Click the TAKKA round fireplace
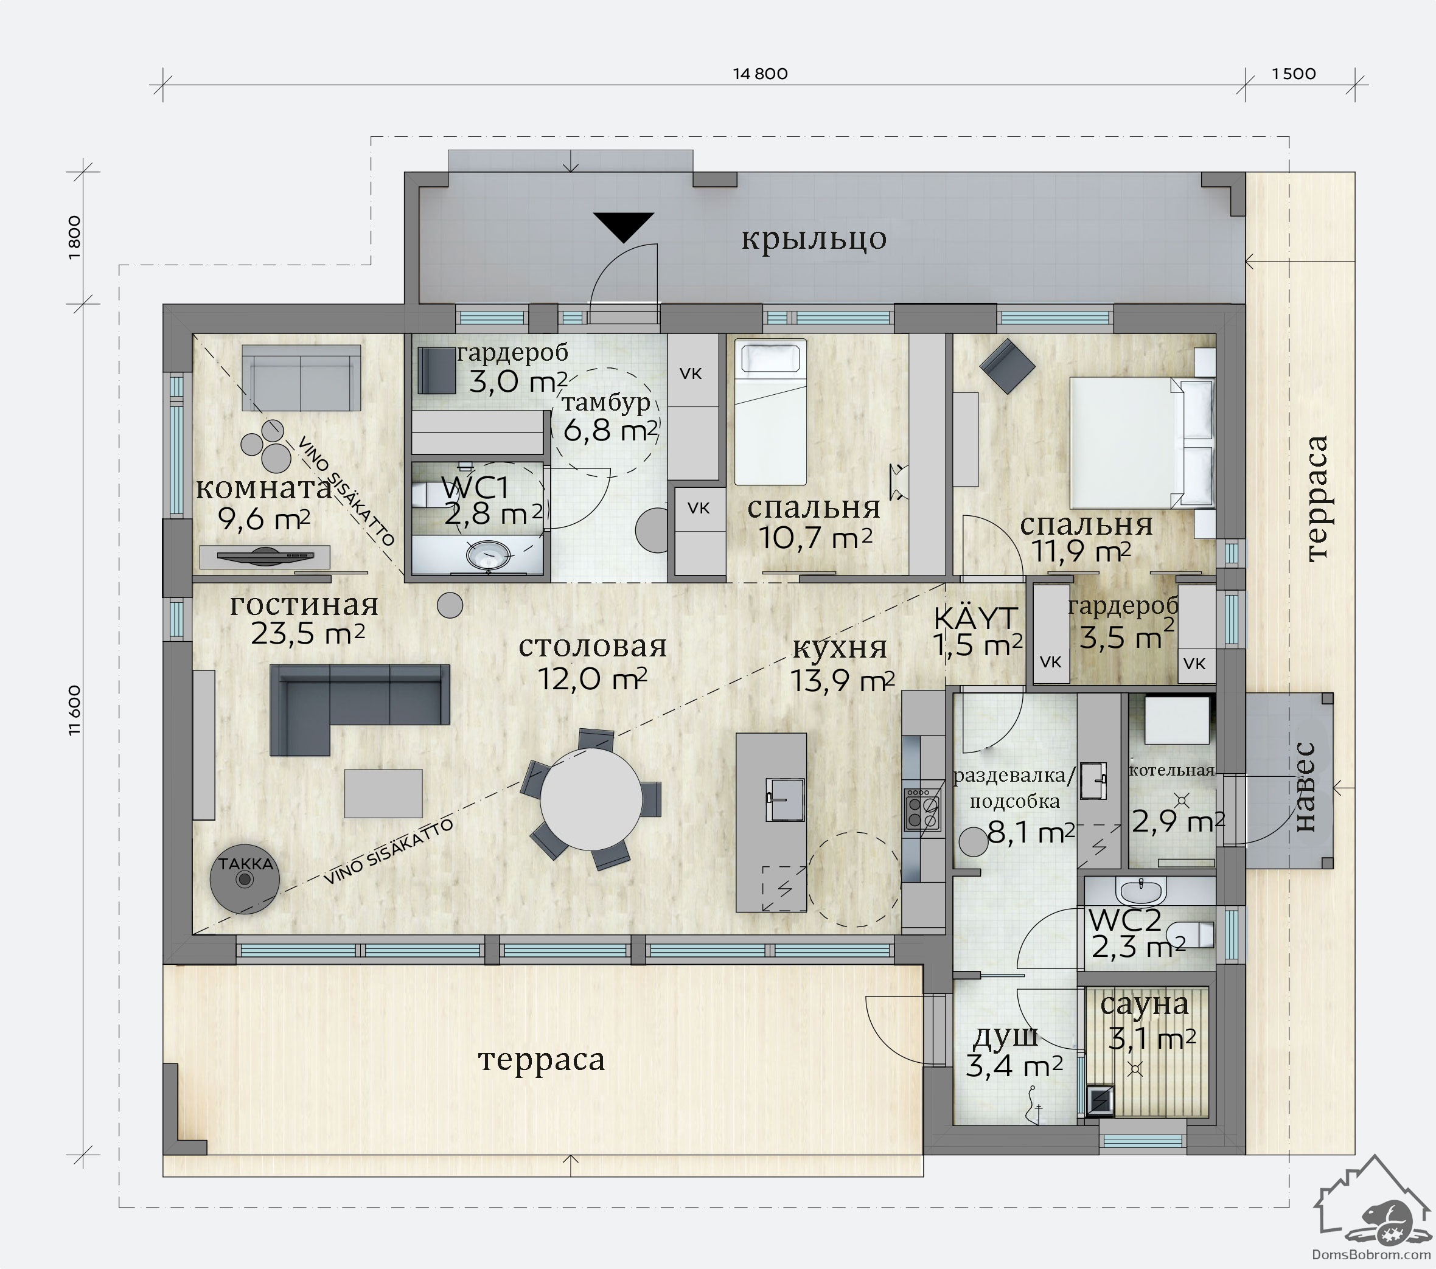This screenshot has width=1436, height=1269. tap(245, 878)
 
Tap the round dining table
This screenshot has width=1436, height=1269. tap(591, 799)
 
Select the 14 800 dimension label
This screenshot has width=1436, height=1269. tap(760, 74)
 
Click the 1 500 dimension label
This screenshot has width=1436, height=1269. tap(1294, 74)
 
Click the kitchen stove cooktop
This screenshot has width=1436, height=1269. tap(922, 810)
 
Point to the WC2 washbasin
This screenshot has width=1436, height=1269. tap(1141, 891)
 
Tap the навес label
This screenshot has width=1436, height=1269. tap(1305, 787)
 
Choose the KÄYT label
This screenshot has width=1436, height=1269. tap(975, 619)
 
